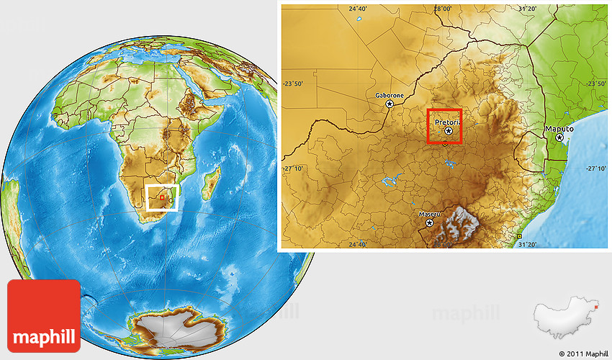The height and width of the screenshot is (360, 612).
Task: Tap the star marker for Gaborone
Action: (x=390, y=104)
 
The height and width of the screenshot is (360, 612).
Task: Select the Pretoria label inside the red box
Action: (x=446, y=122)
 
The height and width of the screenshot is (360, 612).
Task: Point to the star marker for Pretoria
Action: (x=449, y=131)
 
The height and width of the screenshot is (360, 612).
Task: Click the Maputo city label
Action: (x=559, y=128)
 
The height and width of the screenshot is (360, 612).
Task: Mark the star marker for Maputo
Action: (x=559, y=137)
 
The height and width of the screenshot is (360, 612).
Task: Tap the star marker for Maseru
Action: (x=430, y=223)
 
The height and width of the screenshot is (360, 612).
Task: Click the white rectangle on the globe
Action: (x=162, y=197)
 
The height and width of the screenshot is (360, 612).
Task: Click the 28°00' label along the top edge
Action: (x=443, y=9)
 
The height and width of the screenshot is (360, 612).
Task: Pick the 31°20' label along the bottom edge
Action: (x=528, y=245)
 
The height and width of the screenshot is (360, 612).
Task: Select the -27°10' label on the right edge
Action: (x=596, y=169)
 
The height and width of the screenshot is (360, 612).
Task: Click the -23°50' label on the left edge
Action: (x=293, y=84)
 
